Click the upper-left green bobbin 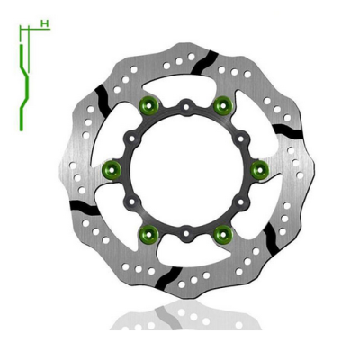pos(149,107)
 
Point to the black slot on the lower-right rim pos(269,236)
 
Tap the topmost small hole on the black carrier pos(184,107)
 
